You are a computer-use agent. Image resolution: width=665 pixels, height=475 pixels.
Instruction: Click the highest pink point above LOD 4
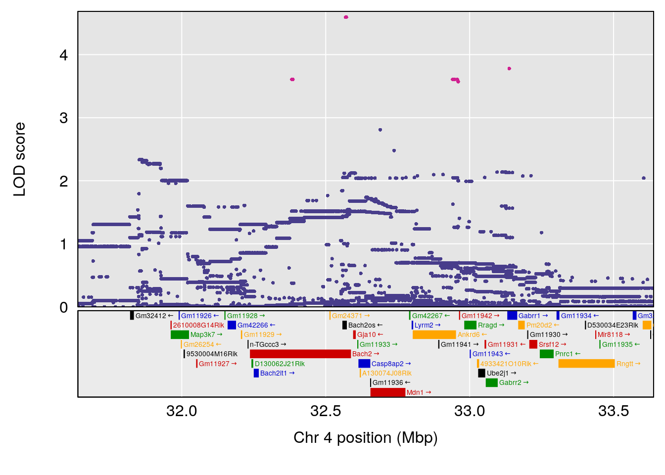coord(346,17)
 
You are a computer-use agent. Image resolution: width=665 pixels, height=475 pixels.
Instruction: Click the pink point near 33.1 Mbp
coord(509,69)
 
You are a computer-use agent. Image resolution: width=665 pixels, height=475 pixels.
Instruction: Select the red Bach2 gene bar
coord(300,354)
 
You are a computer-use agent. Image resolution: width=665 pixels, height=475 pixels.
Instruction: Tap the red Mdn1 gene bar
coord(387,392)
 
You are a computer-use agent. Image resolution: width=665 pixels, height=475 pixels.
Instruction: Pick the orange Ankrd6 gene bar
coord(434,335)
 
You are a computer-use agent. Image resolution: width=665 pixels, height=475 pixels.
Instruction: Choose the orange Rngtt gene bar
coord(586,364)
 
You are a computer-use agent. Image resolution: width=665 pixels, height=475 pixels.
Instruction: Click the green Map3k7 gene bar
coord(180,335)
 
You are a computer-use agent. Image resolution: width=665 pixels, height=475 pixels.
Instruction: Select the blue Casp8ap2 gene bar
coord(364,364)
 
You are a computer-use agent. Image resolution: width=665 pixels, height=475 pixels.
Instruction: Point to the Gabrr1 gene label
coord(529,316)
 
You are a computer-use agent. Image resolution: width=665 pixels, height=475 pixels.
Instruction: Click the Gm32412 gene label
coord(151,316)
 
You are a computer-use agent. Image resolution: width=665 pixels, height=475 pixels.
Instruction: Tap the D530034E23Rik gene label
coord(613,325)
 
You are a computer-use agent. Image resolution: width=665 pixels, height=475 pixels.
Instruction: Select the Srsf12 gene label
coord(549,344)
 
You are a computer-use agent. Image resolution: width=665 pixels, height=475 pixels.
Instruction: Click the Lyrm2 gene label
coord(424,325)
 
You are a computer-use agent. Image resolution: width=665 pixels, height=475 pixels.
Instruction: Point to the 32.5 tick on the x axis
coord(326,411)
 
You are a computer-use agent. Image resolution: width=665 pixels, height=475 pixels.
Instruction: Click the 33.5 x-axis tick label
coord(614,411)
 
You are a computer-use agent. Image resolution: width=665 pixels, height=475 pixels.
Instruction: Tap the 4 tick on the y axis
coord(63,55)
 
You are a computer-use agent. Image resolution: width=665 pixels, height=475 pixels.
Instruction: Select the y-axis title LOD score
coord(19,159)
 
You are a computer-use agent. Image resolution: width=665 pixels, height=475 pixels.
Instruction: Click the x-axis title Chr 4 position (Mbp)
coord(366,438)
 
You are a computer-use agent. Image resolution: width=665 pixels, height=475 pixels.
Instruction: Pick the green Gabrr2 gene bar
coord(491,382)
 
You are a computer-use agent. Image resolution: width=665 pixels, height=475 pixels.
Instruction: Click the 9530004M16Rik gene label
coord(212,354)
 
